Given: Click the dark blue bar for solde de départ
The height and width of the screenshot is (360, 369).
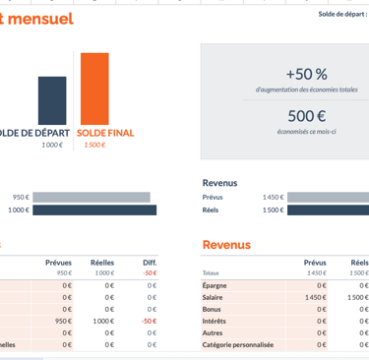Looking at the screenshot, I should [x=52, y=100].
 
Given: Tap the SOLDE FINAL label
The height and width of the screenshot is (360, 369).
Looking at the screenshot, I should [x=105, y=133].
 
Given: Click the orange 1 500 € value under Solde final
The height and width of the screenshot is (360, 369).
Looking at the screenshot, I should [x=93, y=146].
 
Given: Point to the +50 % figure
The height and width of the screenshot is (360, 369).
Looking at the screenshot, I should [x=306, y=74].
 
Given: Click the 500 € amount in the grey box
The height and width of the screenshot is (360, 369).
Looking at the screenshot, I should [x=306, y=116].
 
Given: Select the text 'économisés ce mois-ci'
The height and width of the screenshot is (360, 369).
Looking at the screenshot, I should [x=306, y=131].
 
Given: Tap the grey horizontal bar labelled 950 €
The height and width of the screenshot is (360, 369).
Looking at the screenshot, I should [x=92, y=197].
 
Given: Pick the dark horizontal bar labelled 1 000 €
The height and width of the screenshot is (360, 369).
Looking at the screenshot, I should [x=94, y=210].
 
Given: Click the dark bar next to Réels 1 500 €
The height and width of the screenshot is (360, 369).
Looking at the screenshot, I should [x=329, y=210].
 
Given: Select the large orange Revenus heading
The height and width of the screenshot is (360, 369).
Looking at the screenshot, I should [x=226, y=245].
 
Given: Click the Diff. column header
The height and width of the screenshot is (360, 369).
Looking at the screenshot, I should [x=150, y=263].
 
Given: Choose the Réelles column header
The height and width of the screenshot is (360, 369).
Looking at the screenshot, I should [x=102, y=263].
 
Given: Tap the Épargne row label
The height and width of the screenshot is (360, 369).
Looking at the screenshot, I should [x=215, y=284].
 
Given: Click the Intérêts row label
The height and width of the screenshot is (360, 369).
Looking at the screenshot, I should [x=215, y=321].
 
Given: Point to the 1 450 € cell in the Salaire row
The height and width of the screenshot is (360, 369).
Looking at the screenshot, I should [x=315, y=296].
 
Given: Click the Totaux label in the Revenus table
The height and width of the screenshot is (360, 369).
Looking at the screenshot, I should [x=212, y=273].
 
